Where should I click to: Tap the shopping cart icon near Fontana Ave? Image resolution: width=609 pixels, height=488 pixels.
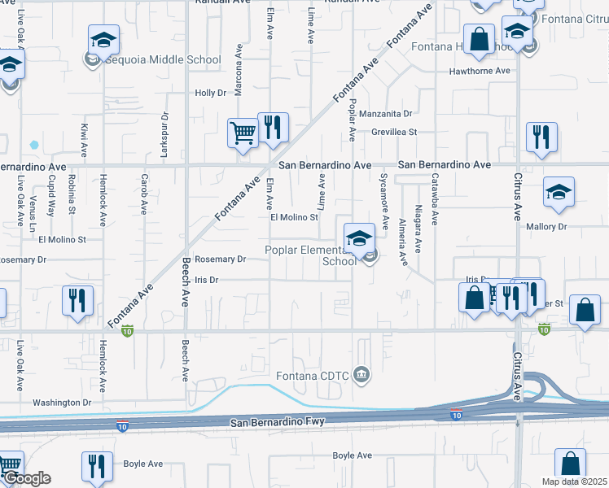coord(243,133)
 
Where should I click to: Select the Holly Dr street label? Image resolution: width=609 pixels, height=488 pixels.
coord(210,94)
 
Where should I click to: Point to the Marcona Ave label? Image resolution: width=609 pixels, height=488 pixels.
coord(239,76)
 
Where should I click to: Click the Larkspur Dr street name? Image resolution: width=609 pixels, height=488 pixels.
coord(164,131)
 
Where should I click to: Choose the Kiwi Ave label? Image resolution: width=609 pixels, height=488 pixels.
coord(84,140)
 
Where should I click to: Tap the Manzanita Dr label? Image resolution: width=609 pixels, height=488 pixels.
coord(386,114)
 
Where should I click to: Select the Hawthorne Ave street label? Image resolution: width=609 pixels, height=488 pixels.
coord(480,72)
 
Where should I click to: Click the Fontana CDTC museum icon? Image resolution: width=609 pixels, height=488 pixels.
coord(362,375)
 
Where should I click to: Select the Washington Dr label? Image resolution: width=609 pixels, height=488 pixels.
coord(62,403)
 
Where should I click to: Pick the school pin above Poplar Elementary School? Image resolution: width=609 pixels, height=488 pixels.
coord(358,238)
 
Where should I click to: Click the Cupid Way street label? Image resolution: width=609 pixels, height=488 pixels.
coord(50,198)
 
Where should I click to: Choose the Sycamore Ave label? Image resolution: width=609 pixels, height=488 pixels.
coord(383,198)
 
